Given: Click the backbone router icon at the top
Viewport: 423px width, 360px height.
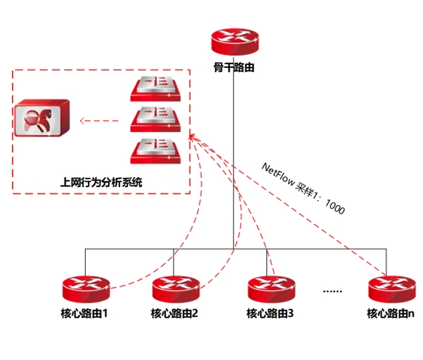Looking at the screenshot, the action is (234, 42).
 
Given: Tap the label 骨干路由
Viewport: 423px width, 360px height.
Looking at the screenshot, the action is (234, 67).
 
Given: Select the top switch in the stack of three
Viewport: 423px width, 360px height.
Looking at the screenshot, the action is (155, 89).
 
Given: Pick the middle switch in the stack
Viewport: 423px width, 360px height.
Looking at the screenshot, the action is (155, 119).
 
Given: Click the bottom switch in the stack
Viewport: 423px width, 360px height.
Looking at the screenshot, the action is (155, 151).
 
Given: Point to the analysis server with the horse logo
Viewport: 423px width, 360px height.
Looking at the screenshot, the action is (42, 118).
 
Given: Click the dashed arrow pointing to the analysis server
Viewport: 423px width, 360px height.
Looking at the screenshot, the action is (99, 121).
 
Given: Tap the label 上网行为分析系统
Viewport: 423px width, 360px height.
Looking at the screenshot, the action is (101, 182).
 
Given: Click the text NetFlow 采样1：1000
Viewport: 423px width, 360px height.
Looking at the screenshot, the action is (303, 189).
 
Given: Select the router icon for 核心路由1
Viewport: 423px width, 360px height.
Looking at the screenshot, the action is (86, 289).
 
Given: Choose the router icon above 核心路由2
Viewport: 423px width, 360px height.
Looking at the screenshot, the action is (176, 289).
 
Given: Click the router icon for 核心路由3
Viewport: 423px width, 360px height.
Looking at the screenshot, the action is (272, 289).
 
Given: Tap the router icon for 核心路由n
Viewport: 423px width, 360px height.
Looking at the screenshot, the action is (392, 289).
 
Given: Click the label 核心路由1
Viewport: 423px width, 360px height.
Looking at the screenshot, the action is (84, 314).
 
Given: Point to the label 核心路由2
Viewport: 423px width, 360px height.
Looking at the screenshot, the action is (174, 314).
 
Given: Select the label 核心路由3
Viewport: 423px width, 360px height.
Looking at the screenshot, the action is (270, 314).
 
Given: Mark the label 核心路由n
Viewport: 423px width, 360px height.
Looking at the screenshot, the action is (391, 314).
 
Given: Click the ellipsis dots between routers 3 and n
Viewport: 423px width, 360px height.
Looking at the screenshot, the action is (332, 291).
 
